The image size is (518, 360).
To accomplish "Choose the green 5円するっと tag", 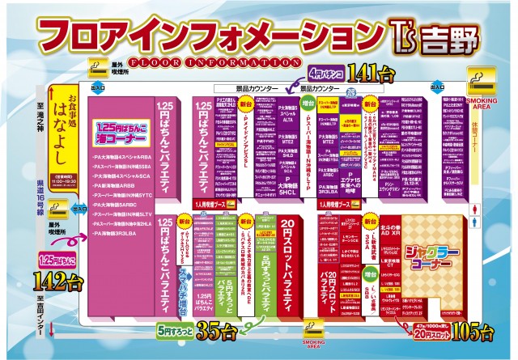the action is click(x=175, y=330).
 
